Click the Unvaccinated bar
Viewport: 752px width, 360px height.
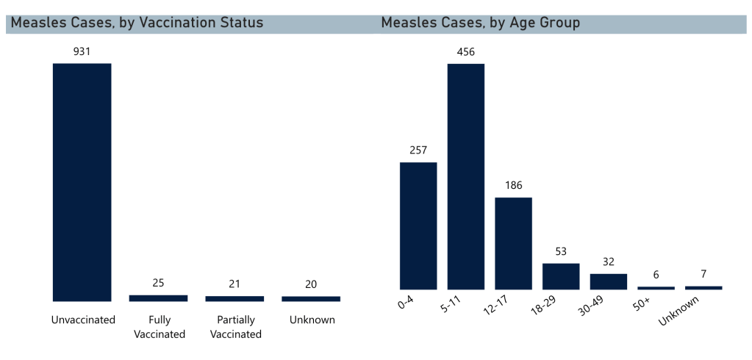click(82, 182)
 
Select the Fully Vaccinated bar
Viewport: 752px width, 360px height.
click(158, 298)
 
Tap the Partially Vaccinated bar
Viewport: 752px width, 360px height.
click(234, 298)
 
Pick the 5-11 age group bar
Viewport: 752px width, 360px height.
click(466, 176)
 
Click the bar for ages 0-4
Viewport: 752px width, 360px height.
click(418, 226)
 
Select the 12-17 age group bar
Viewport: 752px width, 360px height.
click(513, 243)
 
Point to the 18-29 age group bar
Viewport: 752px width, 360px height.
click(561, 276)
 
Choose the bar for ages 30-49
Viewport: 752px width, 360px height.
click(608, 282)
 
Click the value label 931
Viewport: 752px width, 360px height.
click(82, 51)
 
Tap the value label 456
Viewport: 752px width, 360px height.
click(466, 51)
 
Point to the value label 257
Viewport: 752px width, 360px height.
click(418, 150)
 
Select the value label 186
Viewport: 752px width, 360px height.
click(513, 185)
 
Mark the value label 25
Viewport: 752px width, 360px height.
click(158, 283)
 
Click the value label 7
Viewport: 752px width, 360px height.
click(703, 274)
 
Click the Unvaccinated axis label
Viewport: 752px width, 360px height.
click(83, 320)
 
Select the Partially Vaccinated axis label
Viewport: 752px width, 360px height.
click(235, 327)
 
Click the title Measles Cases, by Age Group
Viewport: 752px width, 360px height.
click(481, 23)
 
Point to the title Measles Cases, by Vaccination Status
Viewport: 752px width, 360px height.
click(137, 23)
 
